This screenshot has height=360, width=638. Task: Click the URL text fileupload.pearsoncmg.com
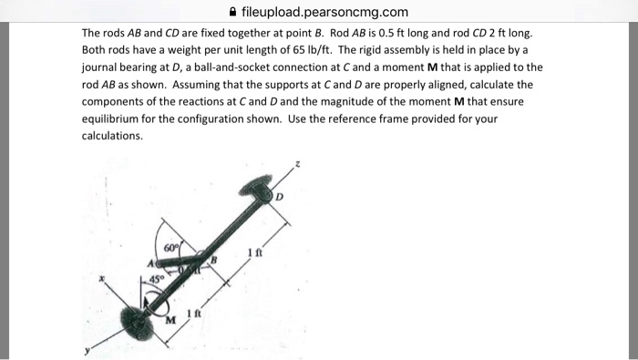tap(324, 13)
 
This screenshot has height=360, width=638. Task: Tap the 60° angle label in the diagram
tap(171, 247)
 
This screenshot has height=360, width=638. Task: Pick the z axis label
tap(293, 165)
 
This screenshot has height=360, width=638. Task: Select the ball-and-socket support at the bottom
tap(138, 321)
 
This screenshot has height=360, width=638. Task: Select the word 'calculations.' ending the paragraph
tap(112, 136)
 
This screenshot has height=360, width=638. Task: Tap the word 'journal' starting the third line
tap(100, 67)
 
